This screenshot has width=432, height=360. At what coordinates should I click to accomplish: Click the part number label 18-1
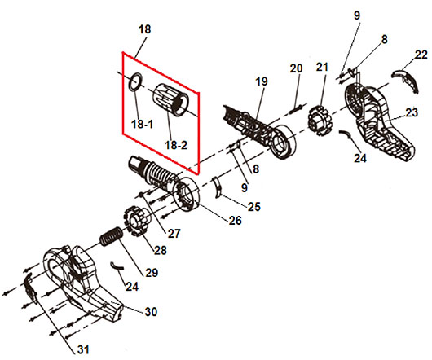coord(142,125)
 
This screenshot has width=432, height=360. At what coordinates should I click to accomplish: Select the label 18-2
coord(176,145)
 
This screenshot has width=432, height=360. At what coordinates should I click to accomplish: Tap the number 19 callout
coord(262,81)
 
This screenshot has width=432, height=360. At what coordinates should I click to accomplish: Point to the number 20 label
coord(296,68)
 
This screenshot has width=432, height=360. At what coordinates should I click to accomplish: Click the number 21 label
coord(322,67)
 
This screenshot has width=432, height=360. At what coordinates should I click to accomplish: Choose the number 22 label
coord(421,55)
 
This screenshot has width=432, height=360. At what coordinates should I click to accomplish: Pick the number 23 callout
coord(412,112)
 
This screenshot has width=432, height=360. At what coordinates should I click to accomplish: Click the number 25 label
coord(254,207)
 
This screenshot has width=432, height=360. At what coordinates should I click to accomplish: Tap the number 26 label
coord(235,221)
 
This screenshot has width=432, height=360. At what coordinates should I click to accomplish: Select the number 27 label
coord(174,234)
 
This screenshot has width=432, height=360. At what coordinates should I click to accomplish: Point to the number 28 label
coord(161,250)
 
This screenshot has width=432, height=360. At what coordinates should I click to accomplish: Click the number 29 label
coord(152,273)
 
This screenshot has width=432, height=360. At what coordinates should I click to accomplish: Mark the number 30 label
coord(151,312)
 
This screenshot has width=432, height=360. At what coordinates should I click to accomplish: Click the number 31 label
coord(83,349)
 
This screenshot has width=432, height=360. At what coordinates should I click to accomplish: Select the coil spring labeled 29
coord(111,236)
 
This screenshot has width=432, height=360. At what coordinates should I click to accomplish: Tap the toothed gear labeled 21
coord(320,121)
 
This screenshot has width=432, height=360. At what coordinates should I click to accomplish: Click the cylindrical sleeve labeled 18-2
coord(170,99)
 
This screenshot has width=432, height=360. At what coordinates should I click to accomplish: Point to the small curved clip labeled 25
coord(218,187)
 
